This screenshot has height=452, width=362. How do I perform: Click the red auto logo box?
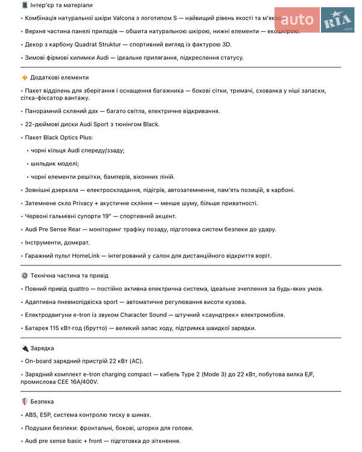tap(297, 20)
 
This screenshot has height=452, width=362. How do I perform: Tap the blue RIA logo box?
tap(338, 20)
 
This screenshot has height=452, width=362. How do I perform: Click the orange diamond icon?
tap(24, 77)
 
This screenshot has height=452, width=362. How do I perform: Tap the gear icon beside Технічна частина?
tap(24, 275)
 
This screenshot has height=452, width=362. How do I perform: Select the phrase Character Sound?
tap(143, 315)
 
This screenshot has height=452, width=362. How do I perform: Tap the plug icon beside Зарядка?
tap(24, 348)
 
